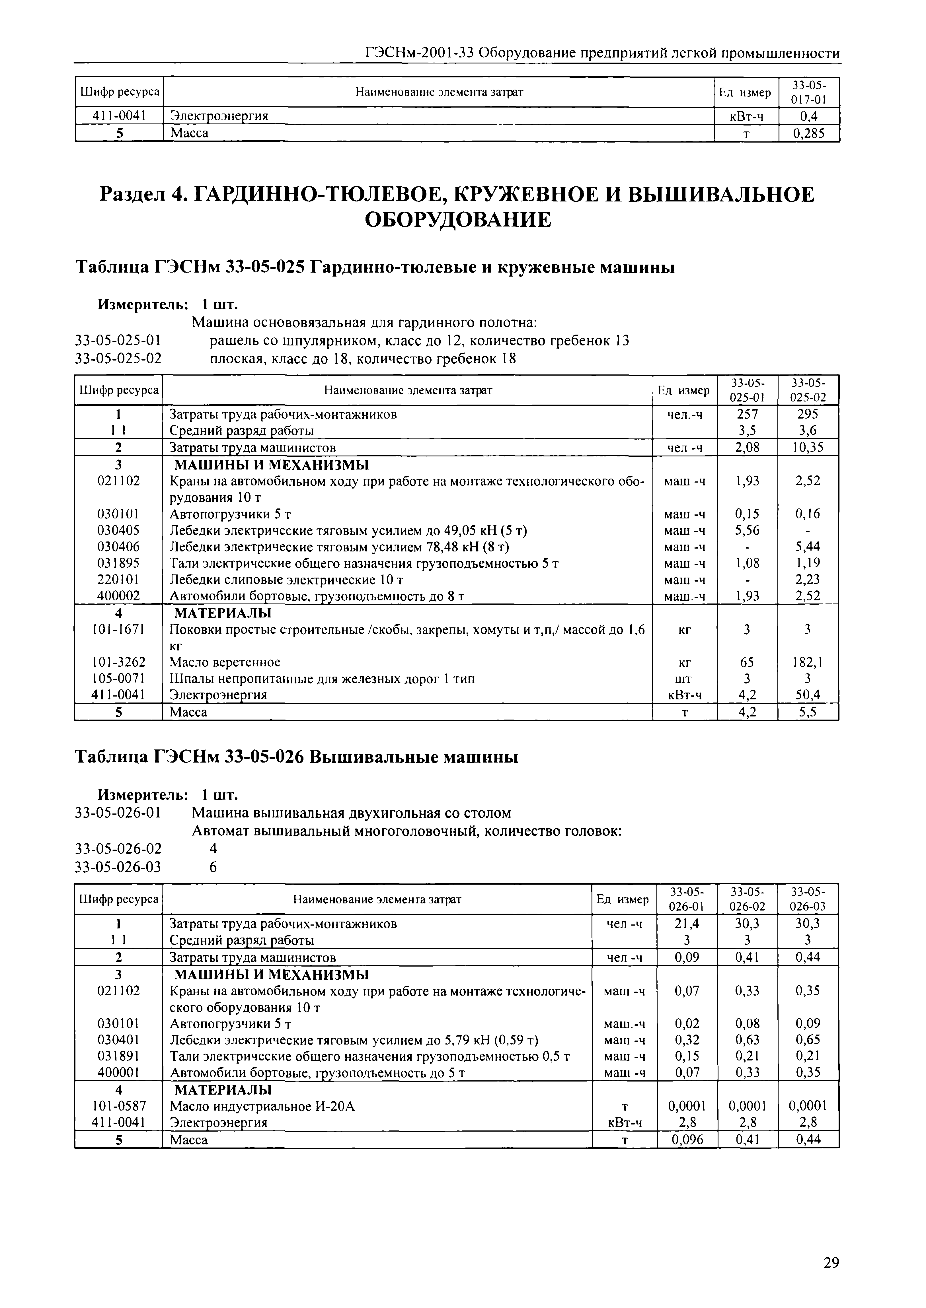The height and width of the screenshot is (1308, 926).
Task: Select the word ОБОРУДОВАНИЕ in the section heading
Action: (x=458, y=219)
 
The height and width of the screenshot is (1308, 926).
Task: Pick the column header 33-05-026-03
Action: (x=808, y=899)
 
